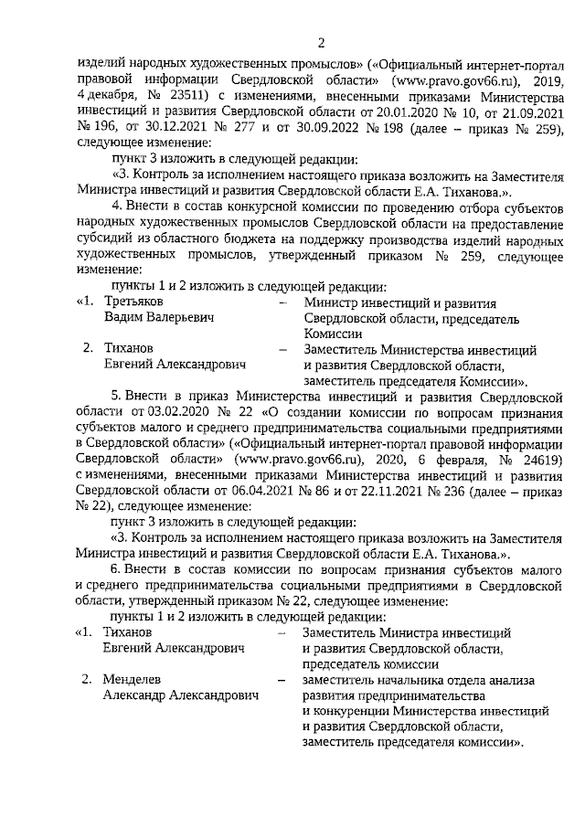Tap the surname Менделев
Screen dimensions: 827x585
click(138, 680)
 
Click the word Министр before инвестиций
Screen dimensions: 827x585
click(335, 302)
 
